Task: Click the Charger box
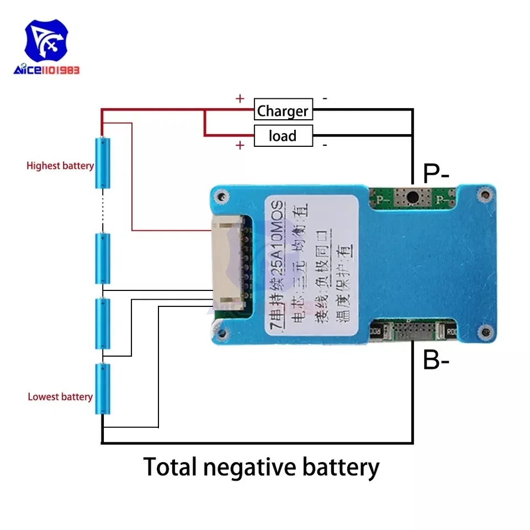[x=283, y=110]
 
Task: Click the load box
[x=283, y=136]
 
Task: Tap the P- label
[x=436, y=174]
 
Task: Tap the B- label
[x=436, y=362]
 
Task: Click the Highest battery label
[x=60, y=166]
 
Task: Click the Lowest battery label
[x=60, y=397]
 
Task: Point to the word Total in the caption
[x=170, y=467]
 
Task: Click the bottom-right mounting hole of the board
[x=485, y=333]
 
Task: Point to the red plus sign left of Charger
[x=240, y=99]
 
